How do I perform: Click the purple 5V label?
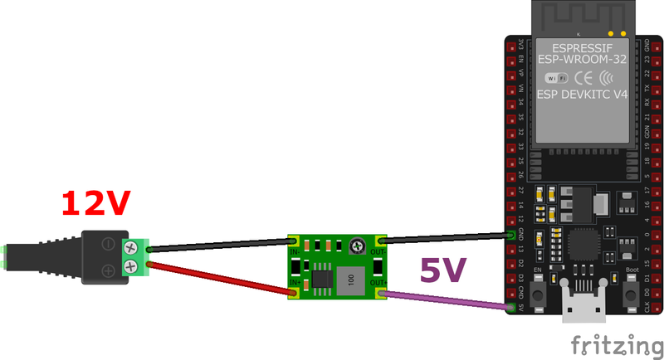pos(443,270)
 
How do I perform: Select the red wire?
pos(216,275)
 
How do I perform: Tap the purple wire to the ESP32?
pos(448,296)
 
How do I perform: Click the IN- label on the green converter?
pos(295,251)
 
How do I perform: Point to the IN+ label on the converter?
pos(295,283)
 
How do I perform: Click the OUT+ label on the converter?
pos(378,283)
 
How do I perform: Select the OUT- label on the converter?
pos(378,251)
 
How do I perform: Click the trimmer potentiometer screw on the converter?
pos(355,246)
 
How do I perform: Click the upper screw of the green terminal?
pos(131,246)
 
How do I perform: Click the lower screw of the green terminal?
pos(131,266)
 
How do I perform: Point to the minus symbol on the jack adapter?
pos(109,244)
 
